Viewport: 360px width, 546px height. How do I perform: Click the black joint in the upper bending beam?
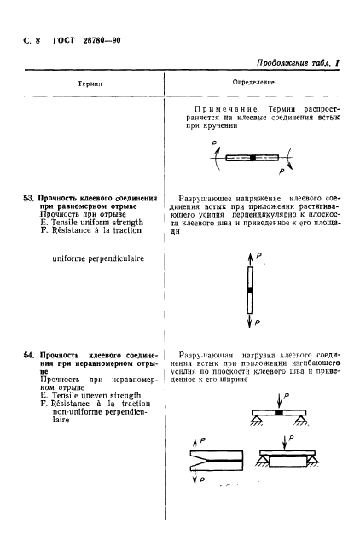coord(277,415)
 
